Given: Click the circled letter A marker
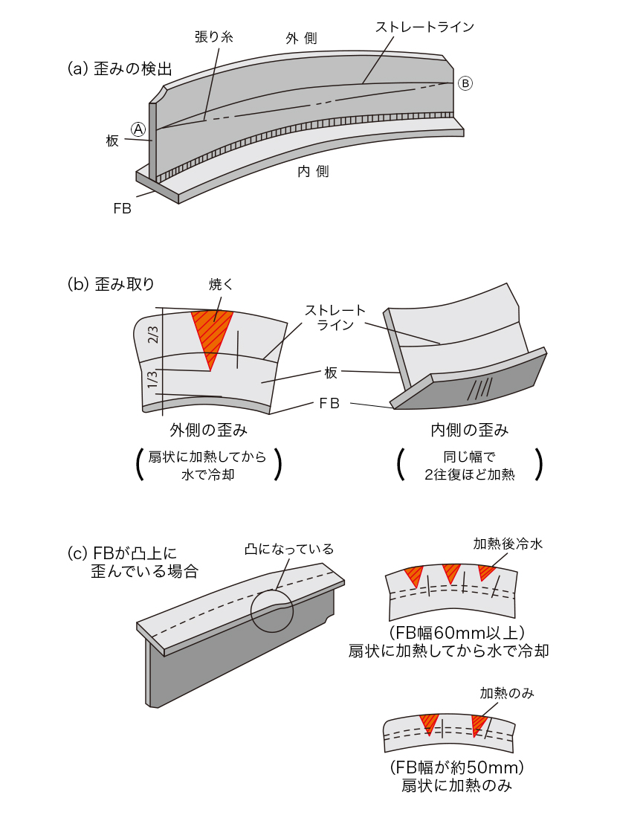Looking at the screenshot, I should tap(138, 128).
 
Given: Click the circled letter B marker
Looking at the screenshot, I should tap(465, 83).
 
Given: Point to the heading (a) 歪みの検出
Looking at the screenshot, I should tap(119, 69).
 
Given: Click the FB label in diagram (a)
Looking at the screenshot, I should tap(122, 209).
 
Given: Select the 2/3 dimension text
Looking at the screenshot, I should tap(154, 334).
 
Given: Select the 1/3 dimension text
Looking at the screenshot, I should tap(153, 379).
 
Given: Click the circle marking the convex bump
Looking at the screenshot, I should tap(271, 611).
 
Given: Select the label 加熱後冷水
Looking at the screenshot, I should tap(508, 544).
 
